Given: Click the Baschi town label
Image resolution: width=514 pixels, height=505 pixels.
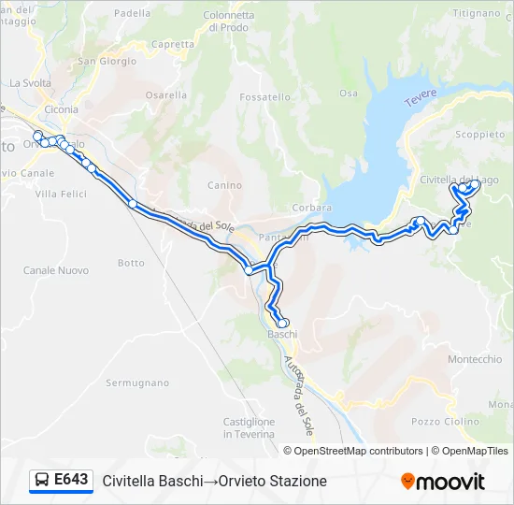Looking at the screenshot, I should (282, 334).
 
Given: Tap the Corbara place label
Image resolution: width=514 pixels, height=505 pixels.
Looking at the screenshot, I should (312, 208).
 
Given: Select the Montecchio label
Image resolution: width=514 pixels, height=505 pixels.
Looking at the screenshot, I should (475, 360).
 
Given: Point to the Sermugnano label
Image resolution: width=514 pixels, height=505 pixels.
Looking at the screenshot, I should (137, 383).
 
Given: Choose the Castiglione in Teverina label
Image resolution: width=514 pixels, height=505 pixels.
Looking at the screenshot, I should (249, 427).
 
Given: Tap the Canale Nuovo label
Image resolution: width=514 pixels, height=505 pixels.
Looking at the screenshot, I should (56, 270).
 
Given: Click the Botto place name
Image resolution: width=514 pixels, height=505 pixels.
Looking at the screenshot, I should (131, 263).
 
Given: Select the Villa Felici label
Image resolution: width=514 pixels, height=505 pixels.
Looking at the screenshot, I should (61, 194).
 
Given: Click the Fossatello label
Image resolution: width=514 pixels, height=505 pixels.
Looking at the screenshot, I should (264, 97).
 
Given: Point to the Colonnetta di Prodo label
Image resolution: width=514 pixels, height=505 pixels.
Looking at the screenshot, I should (228, 22).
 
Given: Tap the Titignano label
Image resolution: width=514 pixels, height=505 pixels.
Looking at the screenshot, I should (477, 13).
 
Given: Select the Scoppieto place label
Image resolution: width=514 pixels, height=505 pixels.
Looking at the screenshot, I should (480, 135).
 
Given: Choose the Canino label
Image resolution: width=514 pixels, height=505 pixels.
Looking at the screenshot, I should (224, 185).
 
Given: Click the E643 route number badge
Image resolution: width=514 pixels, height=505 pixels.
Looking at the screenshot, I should (62, 481).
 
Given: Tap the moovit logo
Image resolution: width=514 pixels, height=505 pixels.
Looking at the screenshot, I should (443, 482).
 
